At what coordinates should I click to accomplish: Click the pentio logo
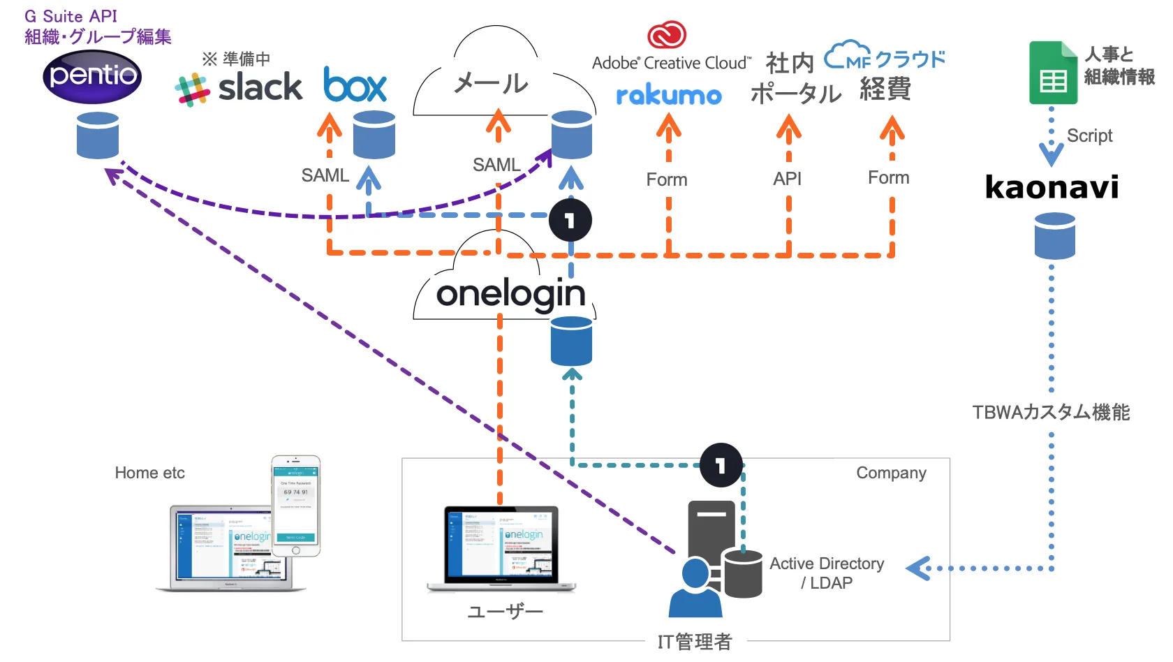point(92,75)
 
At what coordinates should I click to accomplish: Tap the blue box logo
point(355,85)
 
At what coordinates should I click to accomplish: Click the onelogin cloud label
point(510,294)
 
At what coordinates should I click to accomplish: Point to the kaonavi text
point(1052,187)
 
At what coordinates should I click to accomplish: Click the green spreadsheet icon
point(1053,73)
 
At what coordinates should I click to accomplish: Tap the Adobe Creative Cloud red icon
point(667,34)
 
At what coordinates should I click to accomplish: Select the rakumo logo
point(668,95)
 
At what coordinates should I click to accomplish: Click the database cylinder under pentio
point(98,135)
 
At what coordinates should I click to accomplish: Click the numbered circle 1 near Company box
point(721,465)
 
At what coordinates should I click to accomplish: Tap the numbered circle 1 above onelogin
point(570,221)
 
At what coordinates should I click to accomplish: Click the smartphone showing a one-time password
point(296,506)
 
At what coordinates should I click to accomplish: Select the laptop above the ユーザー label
point(501,549)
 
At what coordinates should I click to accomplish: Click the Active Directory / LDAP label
point(827,573)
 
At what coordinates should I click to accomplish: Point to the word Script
point(1089,135)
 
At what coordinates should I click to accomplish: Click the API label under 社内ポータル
point(787,179)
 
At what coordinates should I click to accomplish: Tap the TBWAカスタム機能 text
point(1051,412)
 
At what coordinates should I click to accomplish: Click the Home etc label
point(149,473)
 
